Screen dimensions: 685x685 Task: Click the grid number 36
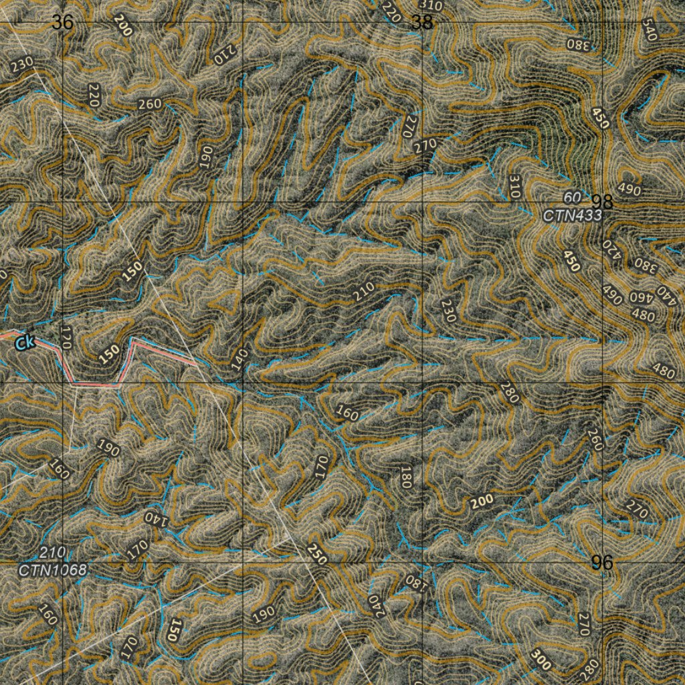(x=62, y=23)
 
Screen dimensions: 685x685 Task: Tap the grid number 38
(x=422, y=23)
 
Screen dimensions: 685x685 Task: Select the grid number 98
(x=602, y=201)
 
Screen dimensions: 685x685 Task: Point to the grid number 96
(x=602, y=563)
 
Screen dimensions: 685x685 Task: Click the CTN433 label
(x=572, y=215)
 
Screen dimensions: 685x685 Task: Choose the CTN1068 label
(x=52, y=571)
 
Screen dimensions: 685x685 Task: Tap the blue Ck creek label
(x=25, y=343)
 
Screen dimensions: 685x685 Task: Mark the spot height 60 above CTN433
(x=572, y=197)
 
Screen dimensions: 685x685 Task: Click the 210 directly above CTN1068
(x=52, y=553)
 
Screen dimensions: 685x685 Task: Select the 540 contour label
(x=650, y=29)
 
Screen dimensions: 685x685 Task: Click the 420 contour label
(x=609, y=252)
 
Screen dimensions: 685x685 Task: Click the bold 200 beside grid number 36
(x=122, y=25)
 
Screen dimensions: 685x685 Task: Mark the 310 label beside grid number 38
(x=433, y=6)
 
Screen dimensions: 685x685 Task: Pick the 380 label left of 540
(x=579, y=45)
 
